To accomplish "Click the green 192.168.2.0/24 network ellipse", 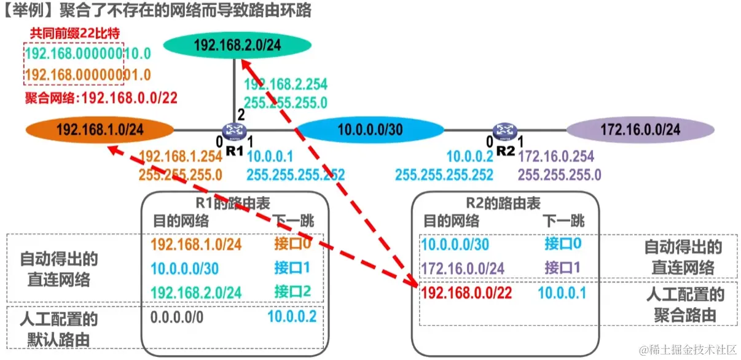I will [237, 44].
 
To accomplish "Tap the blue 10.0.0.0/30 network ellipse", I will [369, 130].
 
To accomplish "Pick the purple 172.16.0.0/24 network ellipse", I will [640, 130].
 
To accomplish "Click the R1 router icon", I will [234, 130].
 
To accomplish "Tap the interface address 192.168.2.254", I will [286, 84].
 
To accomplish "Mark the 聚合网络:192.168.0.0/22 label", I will [101, 97].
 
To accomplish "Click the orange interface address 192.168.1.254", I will [181, 158].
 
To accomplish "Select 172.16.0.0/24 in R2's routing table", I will [464, 268].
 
